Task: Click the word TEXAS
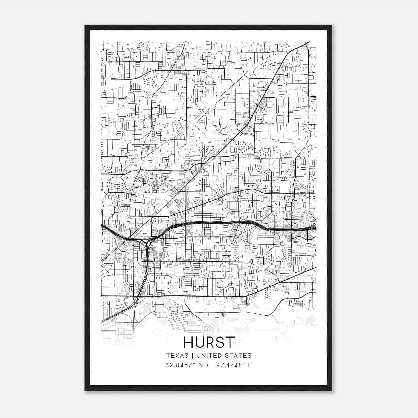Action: [x=177, y=356]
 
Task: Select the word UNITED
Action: [x=208, y=356]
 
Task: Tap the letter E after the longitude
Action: [x=250, y=365]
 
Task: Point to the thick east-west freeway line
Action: [x=222, y=223]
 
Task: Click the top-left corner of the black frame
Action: [x=85, y=26]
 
